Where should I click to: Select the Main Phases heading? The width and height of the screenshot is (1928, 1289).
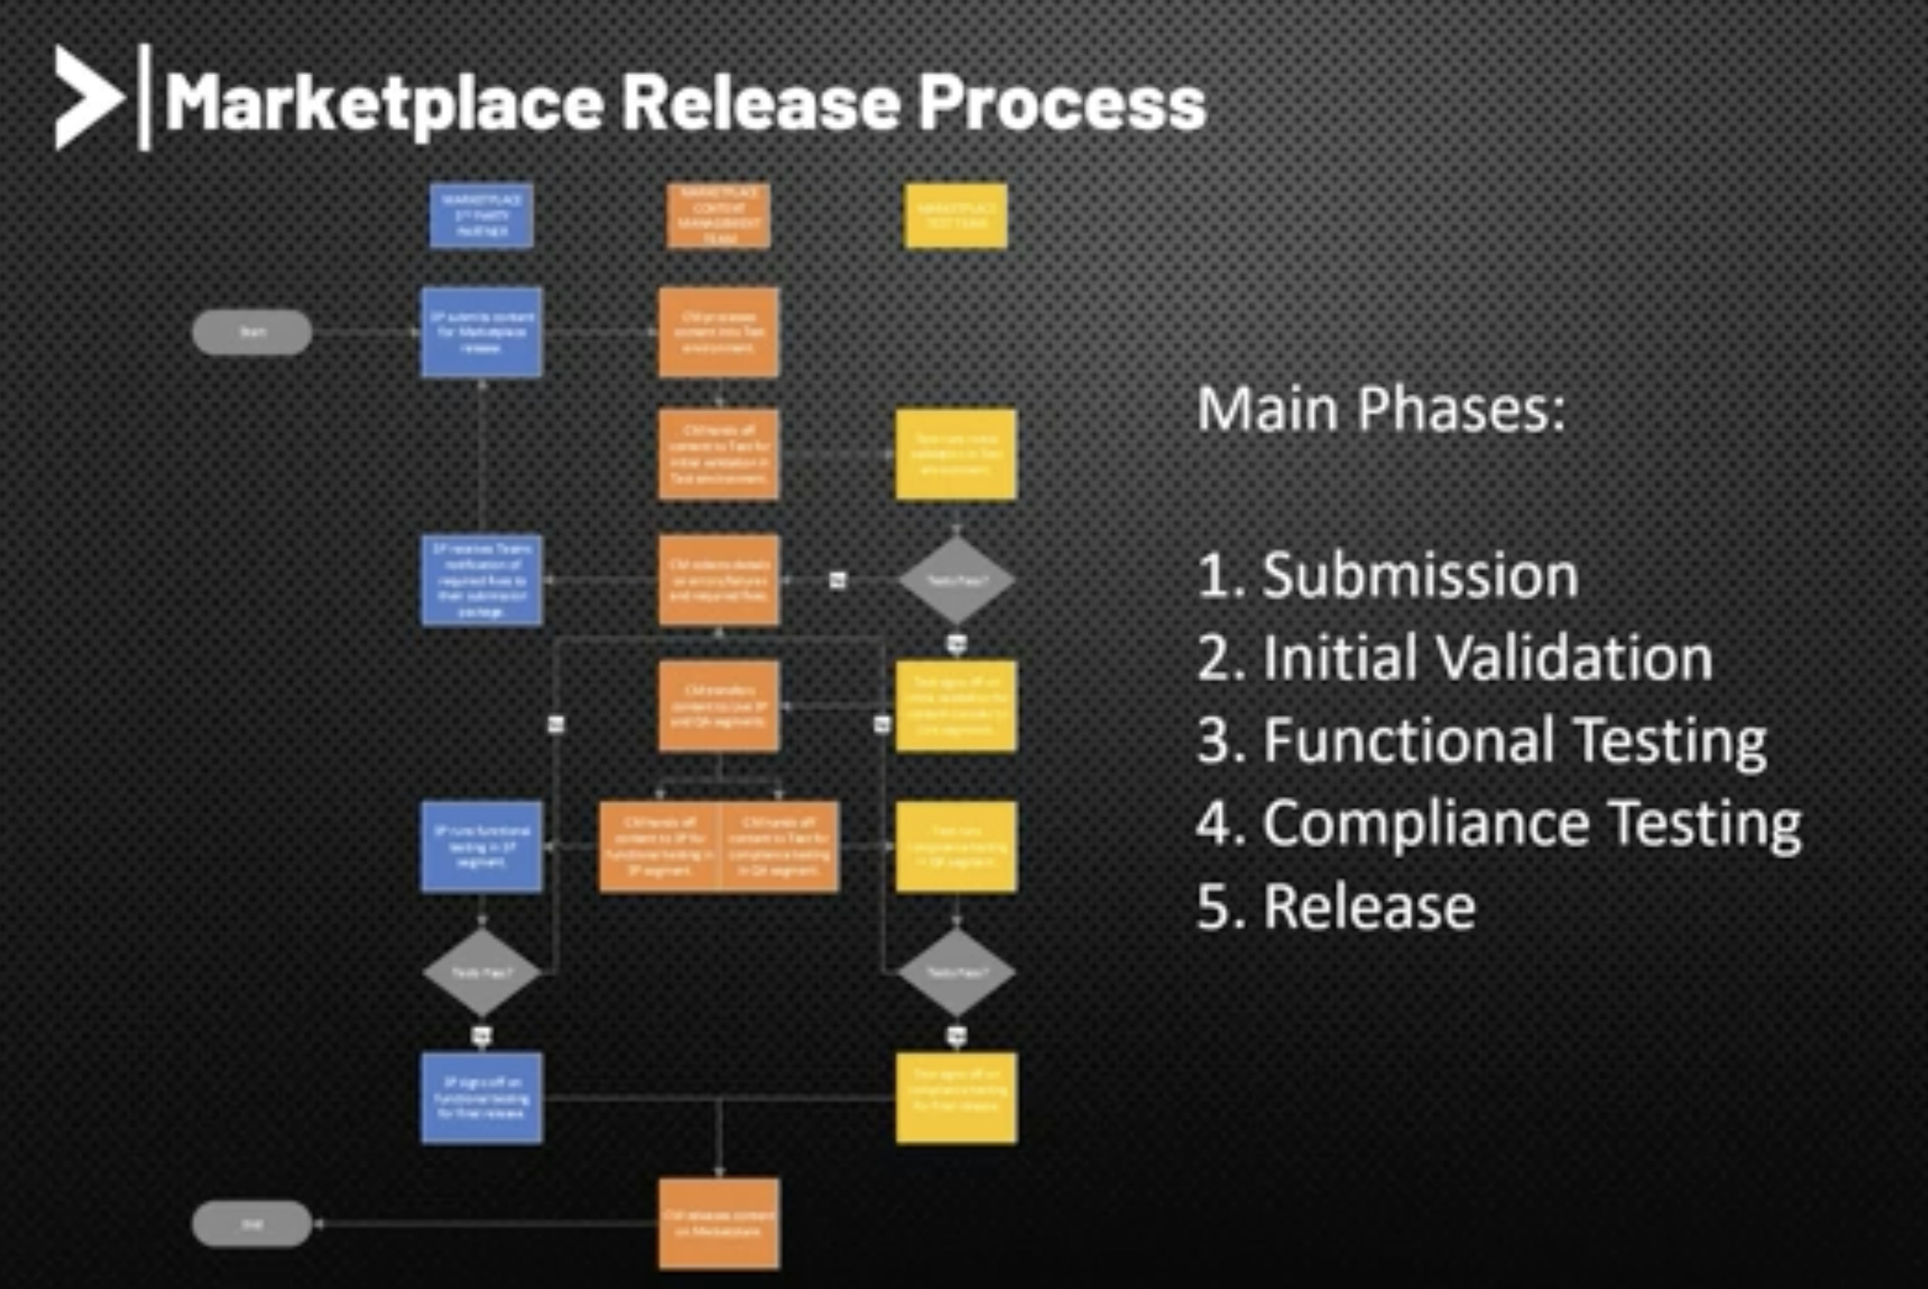point(1381,408)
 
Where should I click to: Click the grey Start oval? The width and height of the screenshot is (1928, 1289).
point(251,332)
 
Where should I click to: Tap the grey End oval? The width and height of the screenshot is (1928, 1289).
point(251,1224)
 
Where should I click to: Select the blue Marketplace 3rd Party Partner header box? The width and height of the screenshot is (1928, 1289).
point(481,216)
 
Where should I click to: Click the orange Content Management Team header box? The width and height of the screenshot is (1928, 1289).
point(718,216)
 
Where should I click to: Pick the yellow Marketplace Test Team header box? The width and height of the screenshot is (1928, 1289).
point(955,216)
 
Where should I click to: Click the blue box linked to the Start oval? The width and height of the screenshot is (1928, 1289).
point(481,332)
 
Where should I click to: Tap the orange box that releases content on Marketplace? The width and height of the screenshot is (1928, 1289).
point(718,1224)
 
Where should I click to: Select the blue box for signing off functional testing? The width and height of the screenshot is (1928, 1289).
point(481,1098)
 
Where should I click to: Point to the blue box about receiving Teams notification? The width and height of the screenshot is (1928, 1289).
point(481,579)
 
